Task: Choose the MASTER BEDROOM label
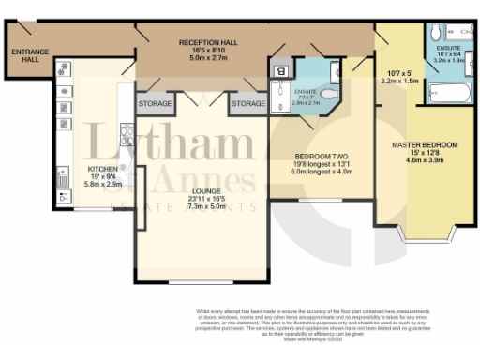coord(425,144)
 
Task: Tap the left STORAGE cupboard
coord(154,102)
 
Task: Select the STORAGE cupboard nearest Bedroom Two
coord(248,102)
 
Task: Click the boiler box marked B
coord(280,69)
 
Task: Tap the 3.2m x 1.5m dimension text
coord(401,81)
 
